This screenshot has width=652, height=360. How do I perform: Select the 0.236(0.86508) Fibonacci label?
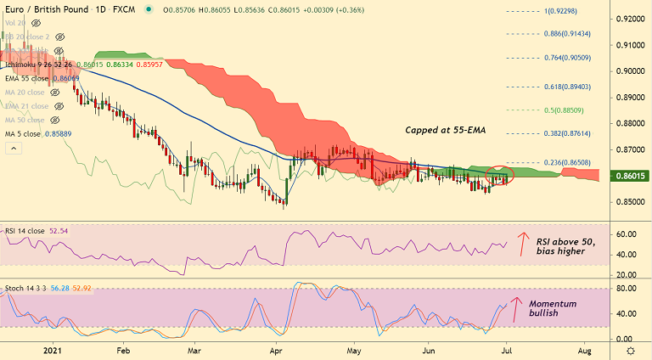point(565,161)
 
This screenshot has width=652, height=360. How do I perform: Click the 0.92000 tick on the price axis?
point(629,19)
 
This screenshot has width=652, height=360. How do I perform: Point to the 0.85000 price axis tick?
point(629,202)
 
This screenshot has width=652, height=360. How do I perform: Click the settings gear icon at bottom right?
point(630,350)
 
